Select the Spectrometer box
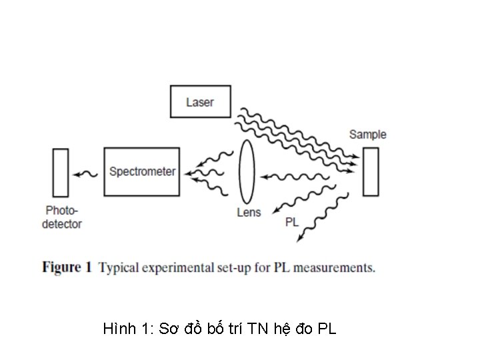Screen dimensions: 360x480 (142, 171)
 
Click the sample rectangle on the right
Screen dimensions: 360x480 (371, 171)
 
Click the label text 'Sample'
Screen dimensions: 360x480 (367, 134)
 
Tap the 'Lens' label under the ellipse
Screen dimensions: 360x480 (249, 213)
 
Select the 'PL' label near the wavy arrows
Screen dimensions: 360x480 (292, 222)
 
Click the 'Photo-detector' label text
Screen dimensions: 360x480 (62, 217)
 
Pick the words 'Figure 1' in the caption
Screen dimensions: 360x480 (67, 268)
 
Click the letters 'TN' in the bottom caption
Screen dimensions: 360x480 (257, 328)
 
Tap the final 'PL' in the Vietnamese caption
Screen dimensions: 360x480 (327, 328)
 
